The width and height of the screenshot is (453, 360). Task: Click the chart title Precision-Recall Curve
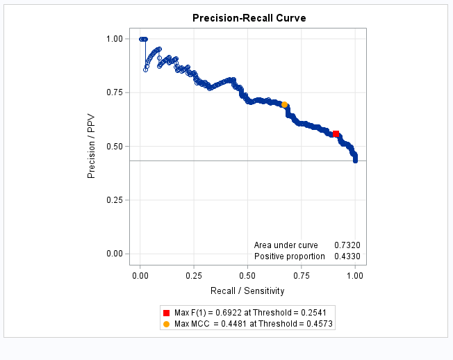249,17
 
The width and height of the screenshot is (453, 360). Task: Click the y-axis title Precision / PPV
91,147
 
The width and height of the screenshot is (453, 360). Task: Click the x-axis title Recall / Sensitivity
247,290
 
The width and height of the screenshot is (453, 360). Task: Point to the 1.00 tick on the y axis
114,39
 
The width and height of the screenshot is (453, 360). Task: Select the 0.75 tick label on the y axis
114,92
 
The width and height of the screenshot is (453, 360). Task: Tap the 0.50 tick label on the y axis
114,147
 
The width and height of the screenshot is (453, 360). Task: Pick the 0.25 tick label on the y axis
114,200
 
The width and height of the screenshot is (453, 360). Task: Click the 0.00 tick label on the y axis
114,254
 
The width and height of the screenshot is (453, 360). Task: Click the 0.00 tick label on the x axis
140,275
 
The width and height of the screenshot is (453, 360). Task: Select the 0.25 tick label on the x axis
194,275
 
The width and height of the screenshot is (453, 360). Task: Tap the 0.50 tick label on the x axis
248,275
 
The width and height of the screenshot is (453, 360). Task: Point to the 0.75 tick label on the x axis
302,275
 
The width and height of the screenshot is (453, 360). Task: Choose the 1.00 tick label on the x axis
355,275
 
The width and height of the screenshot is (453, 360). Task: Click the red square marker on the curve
336,133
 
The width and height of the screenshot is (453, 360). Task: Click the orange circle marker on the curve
284,104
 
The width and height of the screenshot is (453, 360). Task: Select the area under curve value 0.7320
347,245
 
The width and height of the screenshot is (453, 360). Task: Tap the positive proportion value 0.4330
347,256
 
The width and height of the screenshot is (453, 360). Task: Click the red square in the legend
166,313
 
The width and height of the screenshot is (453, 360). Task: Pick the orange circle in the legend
166,324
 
